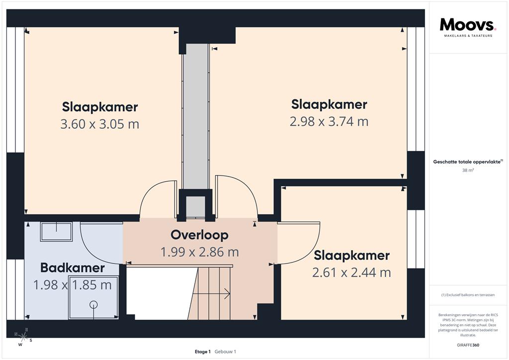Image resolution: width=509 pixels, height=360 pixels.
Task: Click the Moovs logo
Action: coord(467,24)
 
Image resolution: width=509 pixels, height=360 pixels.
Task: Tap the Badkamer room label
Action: coord(73,268)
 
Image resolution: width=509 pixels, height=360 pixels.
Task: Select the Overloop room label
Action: coord(199,235)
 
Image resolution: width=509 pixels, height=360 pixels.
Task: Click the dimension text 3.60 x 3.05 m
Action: coord(99,124)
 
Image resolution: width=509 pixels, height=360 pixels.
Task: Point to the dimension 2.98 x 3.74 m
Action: coord(329,121)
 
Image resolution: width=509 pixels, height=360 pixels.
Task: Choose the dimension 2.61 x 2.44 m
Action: coord(351,272)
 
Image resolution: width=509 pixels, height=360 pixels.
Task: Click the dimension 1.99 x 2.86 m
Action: coord(199,252)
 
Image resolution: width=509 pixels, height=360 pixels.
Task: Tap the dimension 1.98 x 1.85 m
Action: coord(73,285)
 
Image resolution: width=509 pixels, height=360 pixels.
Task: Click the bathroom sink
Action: coord(56,231)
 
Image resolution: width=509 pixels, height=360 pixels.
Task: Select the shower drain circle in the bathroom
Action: coord(93,304)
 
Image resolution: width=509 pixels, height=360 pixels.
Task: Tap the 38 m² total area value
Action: coord(468,171)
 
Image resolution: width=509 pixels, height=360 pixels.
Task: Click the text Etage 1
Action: coord(203,352)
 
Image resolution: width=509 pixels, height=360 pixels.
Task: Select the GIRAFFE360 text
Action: coord(468,345)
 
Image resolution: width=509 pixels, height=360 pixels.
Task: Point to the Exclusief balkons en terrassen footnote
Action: coord(468,295)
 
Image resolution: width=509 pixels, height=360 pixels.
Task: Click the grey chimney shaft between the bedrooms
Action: coord(196,114)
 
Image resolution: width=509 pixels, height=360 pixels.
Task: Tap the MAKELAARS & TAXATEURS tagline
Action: coord(468,36)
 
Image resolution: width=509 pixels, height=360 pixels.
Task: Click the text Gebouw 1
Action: coord(225,352)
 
